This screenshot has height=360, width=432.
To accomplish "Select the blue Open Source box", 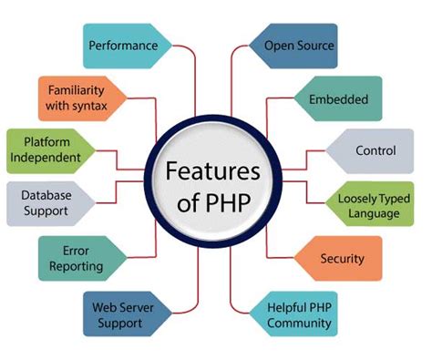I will [298, 45].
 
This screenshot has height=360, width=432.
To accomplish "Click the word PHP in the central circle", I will [231, 201].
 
